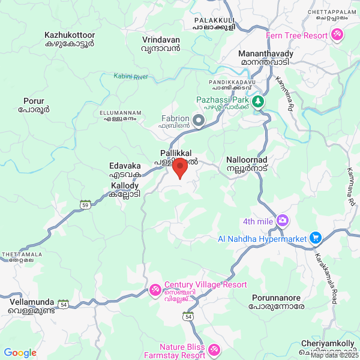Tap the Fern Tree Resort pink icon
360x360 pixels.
pos(337,35)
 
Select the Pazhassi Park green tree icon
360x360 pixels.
pos(258,101)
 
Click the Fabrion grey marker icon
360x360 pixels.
pos(198,122)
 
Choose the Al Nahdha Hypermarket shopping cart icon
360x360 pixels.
pos(315,238)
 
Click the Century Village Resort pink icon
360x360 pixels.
pos(155,290)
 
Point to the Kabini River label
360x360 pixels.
pos(131,76)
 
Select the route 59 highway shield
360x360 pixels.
pos(85,205)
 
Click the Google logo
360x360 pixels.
pos(20,353)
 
